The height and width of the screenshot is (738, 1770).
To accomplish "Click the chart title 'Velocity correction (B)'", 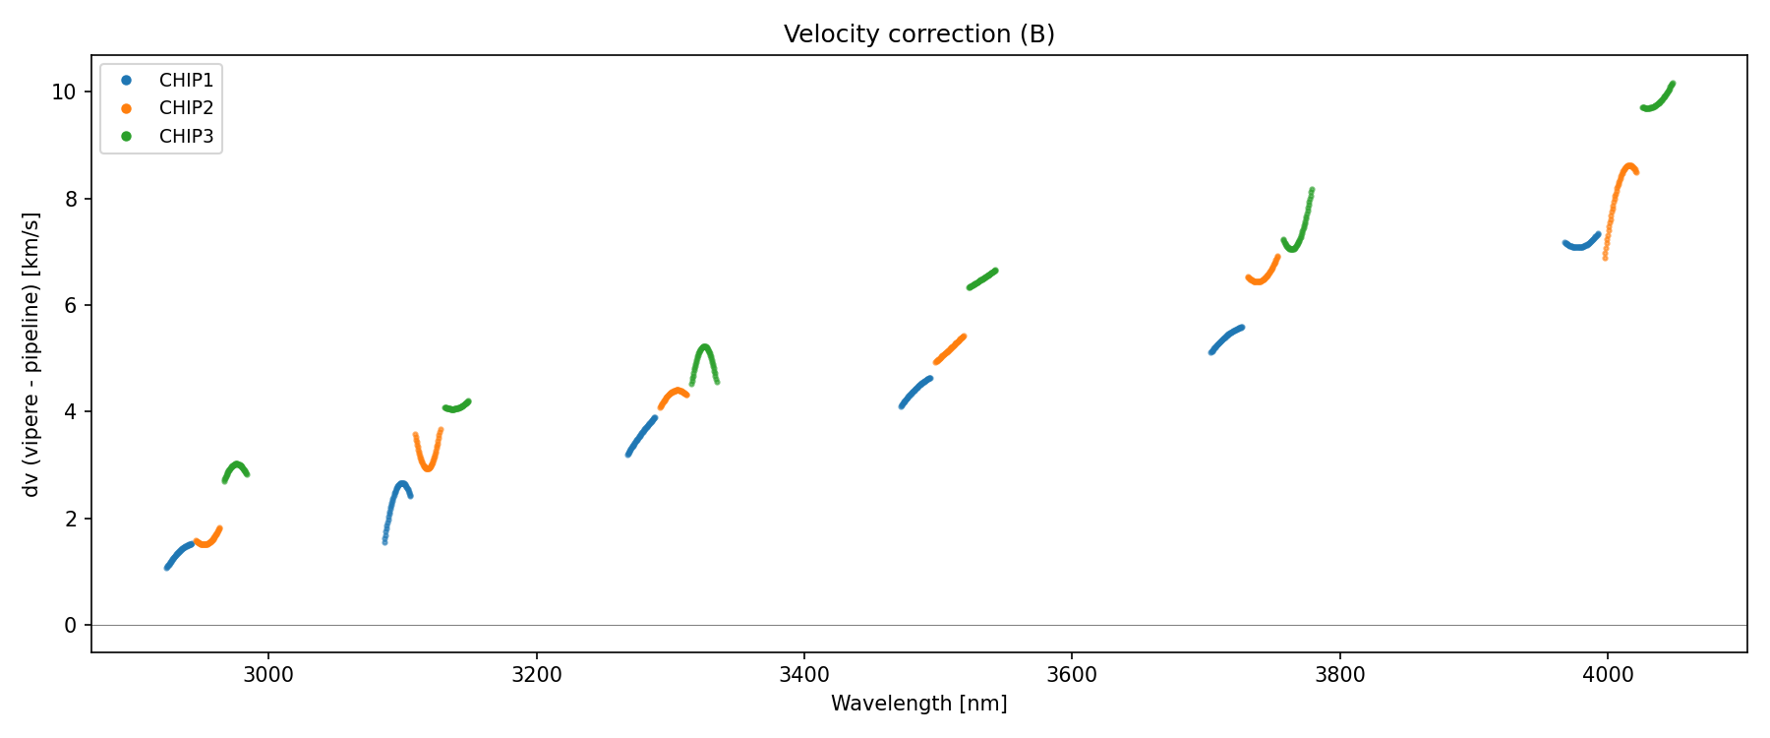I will (x=918, y=34).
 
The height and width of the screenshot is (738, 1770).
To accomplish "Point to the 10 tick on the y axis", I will (x=65, y=92).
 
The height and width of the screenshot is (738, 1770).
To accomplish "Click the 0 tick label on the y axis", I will (x=71, y=626).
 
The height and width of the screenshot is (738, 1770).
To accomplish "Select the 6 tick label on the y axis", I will (x=71, y=306).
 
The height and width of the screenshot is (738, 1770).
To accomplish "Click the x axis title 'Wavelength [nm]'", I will (x=918, y=704).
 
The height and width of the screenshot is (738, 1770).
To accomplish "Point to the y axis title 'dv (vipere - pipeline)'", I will (x=31, y=354).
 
